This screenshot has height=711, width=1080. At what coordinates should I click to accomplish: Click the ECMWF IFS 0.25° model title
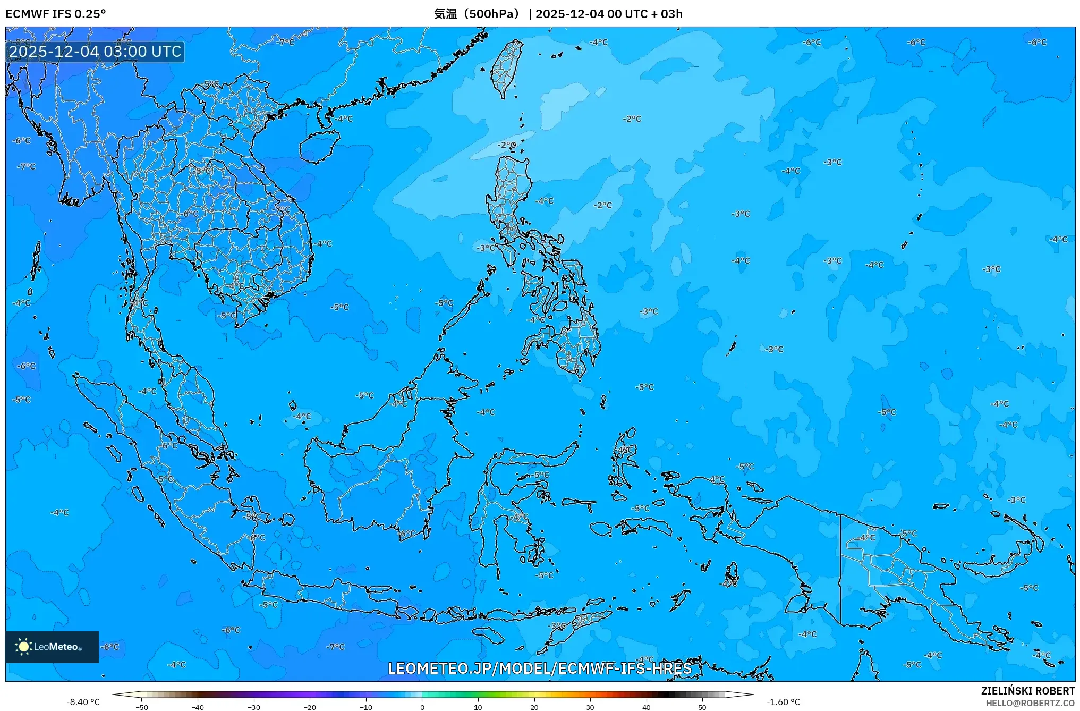tap(56, 14)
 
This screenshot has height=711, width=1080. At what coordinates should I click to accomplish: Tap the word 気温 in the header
tap(445, 14)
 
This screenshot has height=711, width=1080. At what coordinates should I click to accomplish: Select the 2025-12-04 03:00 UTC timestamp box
tap(95, 52)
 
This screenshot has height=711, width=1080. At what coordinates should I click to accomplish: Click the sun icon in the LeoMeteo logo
tap(23, 646)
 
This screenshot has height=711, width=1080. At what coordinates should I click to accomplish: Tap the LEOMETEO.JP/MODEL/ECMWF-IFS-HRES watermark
tap(540, 668)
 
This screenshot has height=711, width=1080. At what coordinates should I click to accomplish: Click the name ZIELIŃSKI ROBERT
tap(1027, 691)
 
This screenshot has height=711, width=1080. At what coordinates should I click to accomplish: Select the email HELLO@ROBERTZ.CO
tap(1030, 703)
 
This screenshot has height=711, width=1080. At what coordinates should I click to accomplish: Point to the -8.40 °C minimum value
tap(83, 702)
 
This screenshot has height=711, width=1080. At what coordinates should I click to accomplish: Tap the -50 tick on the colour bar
tap(142, 707)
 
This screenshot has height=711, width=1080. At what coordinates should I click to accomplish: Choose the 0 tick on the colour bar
tap(422, 707)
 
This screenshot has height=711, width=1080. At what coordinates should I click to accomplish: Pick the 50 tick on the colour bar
tap(702, 707)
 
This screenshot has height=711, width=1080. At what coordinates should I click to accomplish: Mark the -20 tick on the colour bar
tap(310, 707)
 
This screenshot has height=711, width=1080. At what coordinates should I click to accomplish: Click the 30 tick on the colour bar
tap(590, 707)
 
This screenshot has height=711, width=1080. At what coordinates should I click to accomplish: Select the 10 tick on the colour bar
tap(478, 707)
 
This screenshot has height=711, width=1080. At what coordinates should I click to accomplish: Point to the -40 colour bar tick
tap(198, 707)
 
